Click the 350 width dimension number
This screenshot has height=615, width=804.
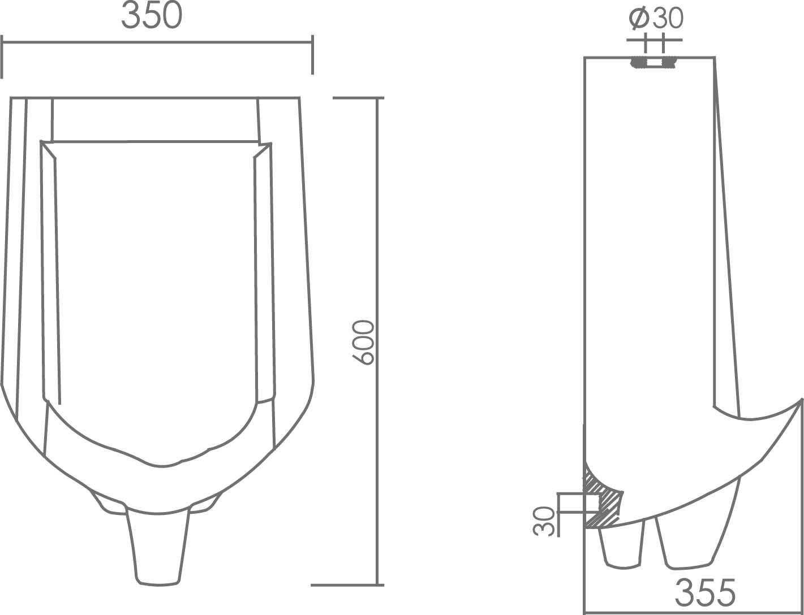[x=152, y=16]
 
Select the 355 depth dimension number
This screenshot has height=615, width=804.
[x=705, y=592]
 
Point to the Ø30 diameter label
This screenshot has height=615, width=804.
[x=656, y=18]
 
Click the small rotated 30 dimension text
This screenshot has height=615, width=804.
[x=544, y=521]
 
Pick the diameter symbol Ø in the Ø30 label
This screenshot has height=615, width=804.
[x=639, y=18]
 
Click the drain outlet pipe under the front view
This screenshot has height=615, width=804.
[x=157, y=548]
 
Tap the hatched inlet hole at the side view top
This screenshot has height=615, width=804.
[x=654, y=62]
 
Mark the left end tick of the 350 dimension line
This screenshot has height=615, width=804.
[x=2, y=57]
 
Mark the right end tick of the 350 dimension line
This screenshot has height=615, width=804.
[x=312, y=54]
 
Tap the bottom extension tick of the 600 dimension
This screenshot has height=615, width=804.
[x=346, y=584]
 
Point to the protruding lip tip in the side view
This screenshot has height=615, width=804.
[x=800, y=400]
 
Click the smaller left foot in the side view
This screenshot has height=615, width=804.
[x=622, y=545]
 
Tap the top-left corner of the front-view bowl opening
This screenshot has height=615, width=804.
[x=42, y=142]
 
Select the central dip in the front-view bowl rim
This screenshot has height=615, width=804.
[x=162, y=466]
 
